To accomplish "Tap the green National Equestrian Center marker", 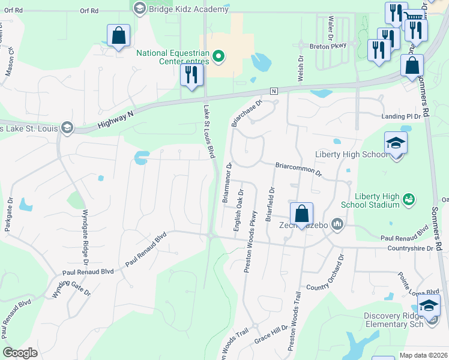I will (219, 58).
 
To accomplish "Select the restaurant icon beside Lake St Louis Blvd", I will (191, 75).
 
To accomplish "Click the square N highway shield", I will (273, 91).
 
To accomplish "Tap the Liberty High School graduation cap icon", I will (396, 143).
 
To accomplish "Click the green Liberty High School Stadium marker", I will (409, 199).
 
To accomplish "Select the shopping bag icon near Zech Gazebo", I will (301, 214).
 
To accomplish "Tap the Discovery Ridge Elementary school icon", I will (429, 306).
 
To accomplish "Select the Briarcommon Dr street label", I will (299, 169).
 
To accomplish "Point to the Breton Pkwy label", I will (328, 46).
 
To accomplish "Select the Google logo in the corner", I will (20, 353).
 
